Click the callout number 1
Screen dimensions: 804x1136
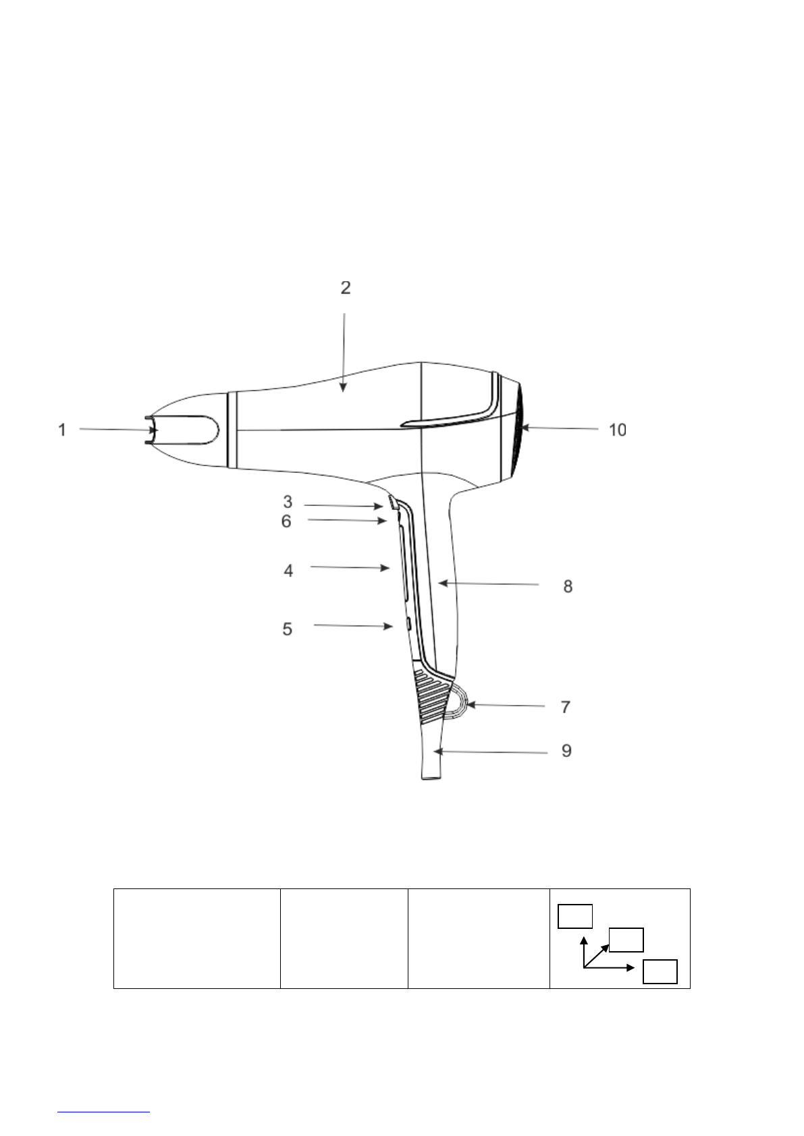click(x=62, y=430)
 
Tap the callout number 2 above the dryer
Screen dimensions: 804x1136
click(x=346, y=288)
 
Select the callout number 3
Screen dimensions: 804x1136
click(x=288, y=502)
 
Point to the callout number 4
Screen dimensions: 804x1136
click(x=288, y=571)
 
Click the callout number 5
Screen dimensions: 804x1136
click(x=288, y=629)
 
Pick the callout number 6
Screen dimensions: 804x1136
click(x=286, y=521)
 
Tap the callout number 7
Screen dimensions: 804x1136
click(x=566, y=707)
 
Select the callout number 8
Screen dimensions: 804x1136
click(x=568, y=587)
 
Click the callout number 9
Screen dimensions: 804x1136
click(x=566, y=751)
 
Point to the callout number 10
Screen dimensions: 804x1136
click(x=617, y=430)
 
